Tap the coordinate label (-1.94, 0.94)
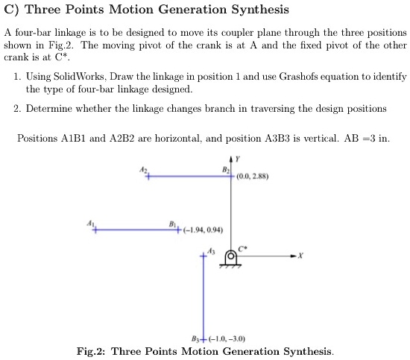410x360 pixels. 198,230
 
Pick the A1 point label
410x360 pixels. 91,223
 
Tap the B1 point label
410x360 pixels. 172,223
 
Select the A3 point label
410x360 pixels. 211,251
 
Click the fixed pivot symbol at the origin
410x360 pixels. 231,258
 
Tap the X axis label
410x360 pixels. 300,256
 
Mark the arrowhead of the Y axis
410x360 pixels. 231,159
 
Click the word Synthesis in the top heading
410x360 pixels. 248,10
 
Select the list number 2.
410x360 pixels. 16,108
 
